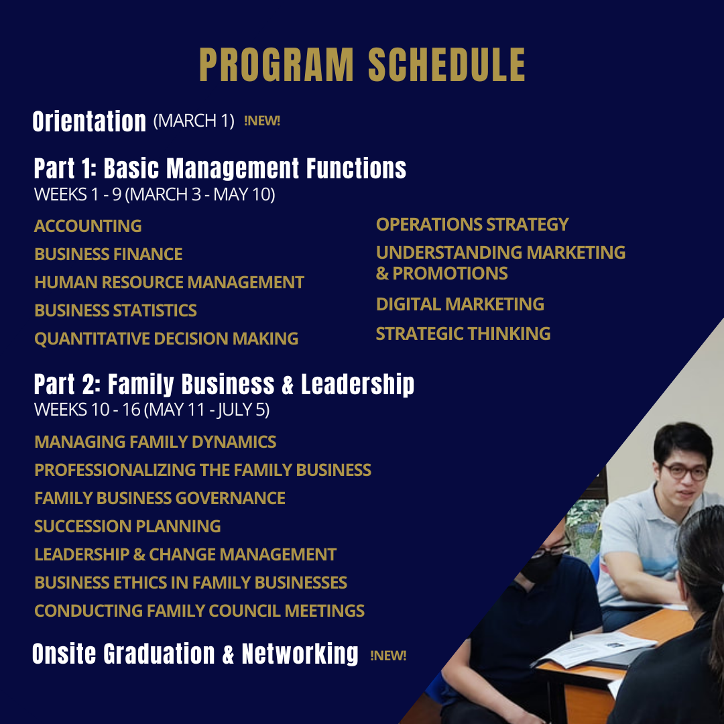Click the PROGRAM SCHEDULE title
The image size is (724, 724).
362,65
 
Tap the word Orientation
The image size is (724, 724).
89,121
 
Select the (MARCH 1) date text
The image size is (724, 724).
194,121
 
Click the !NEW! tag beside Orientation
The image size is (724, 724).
262,121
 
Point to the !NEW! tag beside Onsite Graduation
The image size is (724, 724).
388,655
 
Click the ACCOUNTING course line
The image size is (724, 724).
88,226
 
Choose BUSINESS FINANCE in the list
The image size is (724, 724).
108,254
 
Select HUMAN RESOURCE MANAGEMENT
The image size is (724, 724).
169,282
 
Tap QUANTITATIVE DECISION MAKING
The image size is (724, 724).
166,339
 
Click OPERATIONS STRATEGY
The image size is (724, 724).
472,224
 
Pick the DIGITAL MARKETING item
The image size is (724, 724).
460,304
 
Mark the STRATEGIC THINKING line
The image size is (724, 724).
463,333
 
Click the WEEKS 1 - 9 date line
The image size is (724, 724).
154,195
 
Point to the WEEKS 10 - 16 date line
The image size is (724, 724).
152,410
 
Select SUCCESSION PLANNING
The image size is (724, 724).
127,526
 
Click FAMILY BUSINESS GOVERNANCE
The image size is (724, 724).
160,498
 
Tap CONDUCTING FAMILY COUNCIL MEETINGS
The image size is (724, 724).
199,611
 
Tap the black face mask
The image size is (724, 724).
541,564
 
